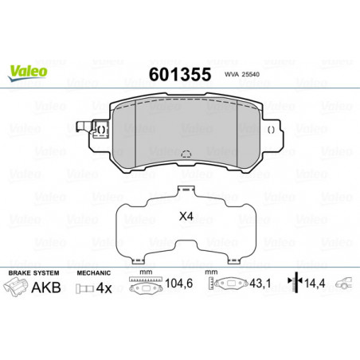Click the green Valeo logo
tap(28, 73)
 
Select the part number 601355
tap(180, 74)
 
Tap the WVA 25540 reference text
tap(242, 74)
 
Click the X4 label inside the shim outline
tap(186, 217)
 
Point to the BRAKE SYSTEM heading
tap(34, 273)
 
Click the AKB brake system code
tap(46, 288)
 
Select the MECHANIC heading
tap(93, 273)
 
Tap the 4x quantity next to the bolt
tap(104, 288)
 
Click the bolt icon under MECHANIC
tap(84, 288)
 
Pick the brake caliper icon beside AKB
tap(16, 287)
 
